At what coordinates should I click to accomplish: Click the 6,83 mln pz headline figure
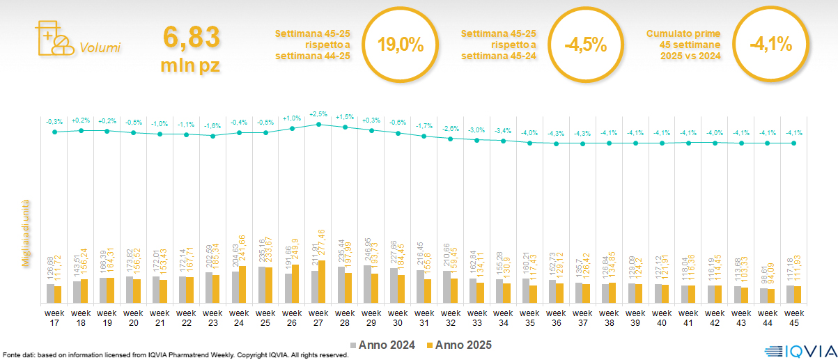[x=191, y=48]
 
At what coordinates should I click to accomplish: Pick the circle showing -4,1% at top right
[x=770, y=45]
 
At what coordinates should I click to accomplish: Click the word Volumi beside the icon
[x=100, y=48]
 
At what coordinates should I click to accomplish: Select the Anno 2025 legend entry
[x=459, y=345]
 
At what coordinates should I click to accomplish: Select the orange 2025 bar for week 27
[x=322, y=282]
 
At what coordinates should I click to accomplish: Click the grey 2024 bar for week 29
[x=367, y=284]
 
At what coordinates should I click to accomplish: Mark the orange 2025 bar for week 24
[x=242, y=285]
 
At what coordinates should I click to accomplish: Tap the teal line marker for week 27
[x=318, y=125]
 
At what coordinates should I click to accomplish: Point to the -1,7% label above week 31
[x=424, y=126]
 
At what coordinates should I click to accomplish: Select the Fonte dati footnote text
[x=174, y=355]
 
